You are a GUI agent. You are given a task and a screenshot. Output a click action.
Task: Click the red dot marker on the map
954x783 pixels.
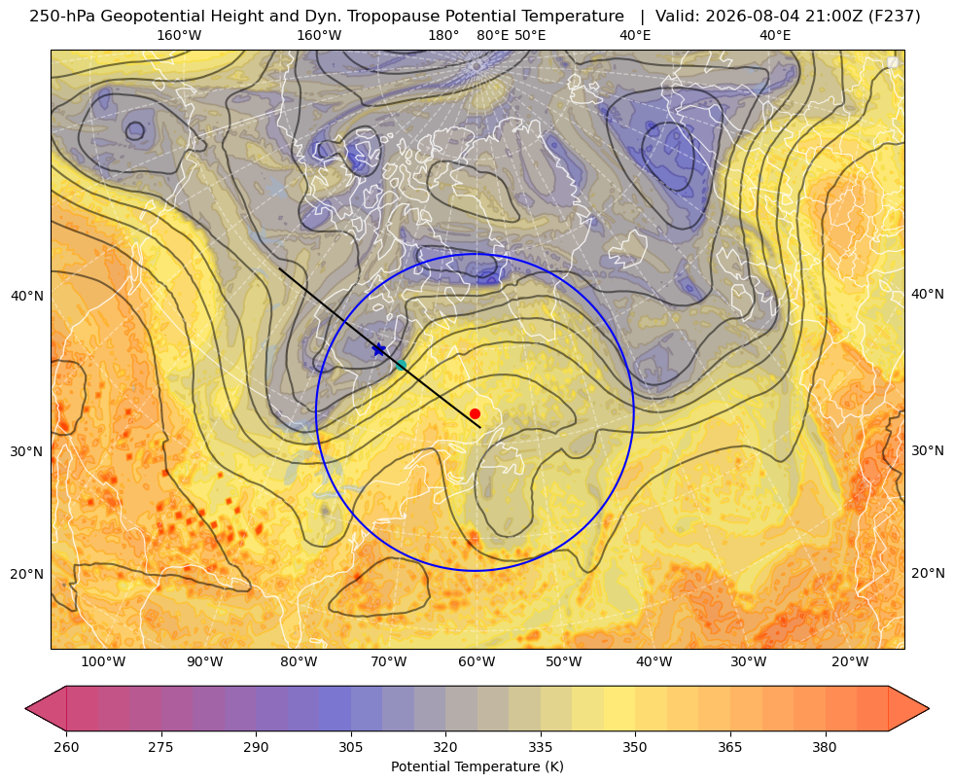[476, 413]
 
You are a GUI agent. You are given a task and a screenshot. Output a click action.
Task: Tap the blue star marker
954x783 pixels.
[379, 349]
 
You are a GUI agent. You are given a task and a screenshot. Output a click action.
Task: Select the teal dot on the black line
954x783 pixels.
[401, 365]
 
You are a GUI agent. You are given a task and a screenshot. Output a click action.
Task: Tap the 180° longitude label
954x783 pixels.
[443, 35]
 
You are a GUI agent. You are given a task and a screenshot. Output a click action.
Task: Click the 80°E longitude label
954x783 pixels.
[492, 35]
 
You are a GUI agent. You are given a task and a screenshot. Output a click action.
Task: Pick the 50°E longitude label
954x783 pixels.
[530, 35]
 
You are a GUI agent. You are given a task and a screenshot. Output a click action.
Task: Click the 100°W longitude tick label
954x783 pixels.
[103, 661]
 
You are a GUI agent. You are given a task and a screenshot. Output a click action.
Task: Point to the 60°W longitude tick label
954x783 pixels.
[477, 661]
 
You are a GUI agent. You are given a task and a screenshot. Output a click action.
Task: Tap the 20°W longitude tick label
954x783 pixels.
[850, 661]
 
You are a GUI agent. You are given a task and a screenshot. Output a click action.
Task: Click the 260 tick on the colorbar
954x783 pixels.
[66, 747]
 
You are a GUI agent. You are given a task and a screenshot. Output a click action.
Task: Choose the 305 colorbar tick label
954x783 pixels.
[350, 747]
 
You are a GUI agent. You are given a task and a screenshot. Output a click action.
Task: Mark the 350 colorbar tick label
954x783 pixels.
[635, 747]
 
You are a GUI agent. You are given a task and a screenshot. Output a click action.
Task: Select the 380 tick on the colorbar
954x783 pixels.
[825, 747]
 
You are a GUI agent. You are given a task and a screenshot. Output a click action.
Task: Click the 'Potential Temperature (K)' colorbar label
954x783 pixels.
[477, 766]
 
